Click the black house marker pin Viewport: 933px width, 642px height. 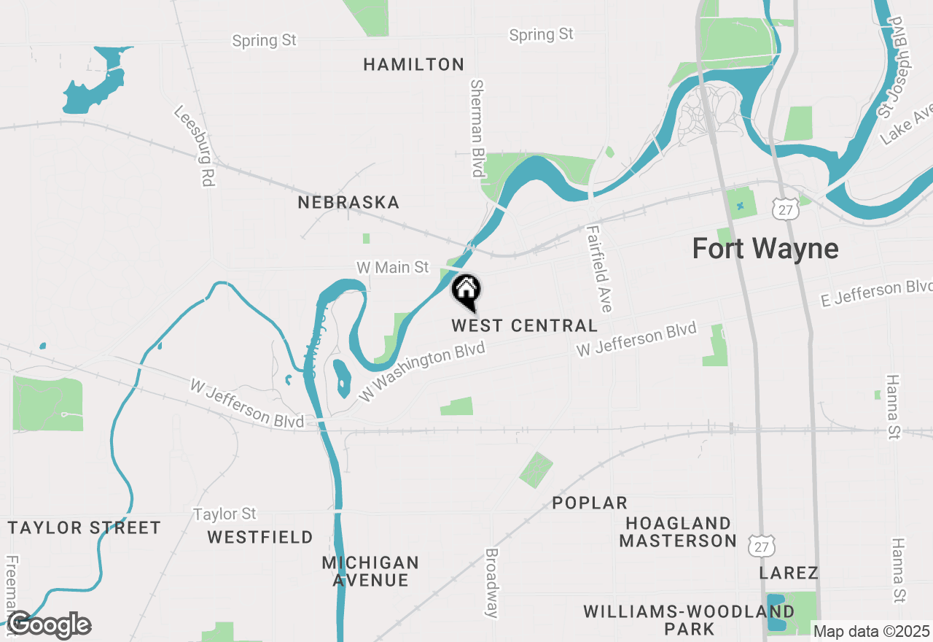[x=466, y=292]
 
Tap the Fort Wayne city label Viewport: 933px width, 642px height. [x=765, y=249]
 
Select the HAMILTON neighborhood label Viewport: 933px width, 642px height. [x=413, y=65]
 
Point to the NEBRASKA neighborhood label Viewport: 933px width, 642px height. [x=348, y=202]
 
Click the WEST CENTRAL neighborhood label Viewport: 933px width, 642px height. [x=524, y=325]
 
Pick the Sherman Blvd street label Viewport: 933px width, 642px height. [x=477, y=128]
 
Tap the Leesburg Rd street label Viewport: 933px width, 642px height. [x=194, y=147]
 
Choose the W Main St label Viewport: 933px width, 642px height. [x=392, y=268]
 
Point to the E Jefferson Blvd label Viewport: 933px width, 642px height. [x=877, y=293]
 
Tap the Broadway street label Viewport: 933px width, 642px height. [x=492, y=583]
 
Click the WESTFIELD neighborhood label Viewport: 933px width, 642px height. [x=260, y=538]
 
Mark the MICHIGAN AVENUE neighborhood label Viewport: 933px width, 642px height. [x=370, y=571]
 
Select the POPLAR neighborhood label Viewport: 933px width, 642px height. [x=590, y=503]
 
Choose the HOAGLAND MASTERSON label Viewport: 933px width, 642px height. [x=678, y=532]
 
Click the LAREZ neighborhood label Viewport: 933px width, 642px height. [x=789, y=573]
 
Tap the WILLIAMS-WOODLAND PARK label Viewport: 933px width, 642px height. [x=689, y=619]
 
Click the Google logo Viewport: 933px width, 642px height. [x=49, y=625]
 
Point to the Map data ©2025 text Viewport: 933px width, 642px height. [x=871, y=631]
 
